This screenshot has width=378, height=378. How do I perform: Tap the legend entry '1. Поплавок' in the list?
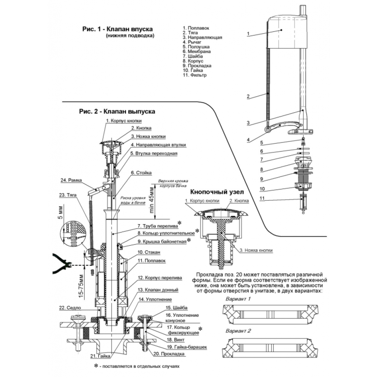(195, 28)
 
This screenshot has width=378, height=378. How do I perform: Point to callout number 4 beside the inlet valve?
(248, 139)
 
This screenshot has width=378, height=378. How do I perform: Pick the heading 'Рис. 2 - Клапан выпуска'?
(117, 112)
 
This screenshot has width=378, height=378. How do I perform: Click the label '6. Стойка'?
(140, 173)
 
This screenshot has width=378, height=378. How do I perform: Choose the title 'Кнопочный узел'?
(217, 192)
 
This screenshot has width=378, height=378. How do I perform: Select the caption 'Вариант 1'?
(238, 299)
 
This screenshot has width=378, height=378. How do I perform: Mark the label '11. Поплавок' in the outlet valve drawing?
(152, 260)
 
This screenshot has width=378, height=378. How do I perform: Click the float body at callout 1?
(285, 32)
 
